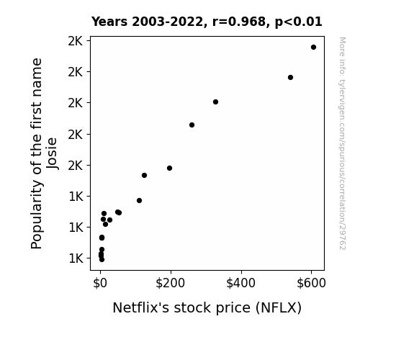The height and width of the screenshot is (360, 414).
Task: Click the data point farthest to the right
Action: click(313, 48)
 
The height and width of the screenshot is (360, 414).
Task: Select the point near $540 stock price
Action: click(290, 77)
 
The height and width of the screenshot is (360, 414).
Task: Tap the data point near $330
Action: click(215, 102)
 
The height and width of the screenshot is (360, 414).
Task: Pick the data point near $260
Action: click(192, 125)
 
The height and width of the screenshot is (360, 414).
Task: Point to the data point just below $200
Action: click(169, 168)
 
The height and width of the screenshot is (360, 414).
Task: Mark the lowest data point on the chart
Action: click(102, 260)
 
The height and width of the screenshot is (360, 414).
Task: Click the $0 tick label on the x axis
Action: click(100, 283)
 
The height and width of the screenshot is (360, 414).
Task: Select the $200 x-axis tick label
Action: click(171, 283)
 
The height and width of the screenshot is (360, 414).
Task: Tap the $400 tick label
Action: click(240, 283)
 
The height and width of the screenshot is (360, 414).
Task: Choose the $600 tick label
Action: click(311, 283)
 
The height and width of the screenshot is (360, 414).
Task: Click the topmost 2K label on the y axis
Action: click(76, 41)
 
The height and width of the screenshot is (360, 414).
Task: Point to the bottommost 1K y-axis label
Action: click(76, 258)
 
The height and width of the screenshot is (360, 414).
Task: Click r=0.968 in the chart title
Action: click(239, 22)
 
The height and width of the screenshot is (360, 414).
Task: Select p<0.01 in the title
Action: click(299, 22)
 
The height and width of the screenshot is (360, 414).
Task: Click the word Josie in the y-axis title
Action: click(52, 153)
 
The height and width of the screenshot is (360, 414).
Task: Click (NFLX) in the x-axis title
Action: click(279, 308)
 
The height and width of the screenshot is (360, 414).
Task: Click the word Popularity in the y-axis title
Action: click(37, 215)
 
